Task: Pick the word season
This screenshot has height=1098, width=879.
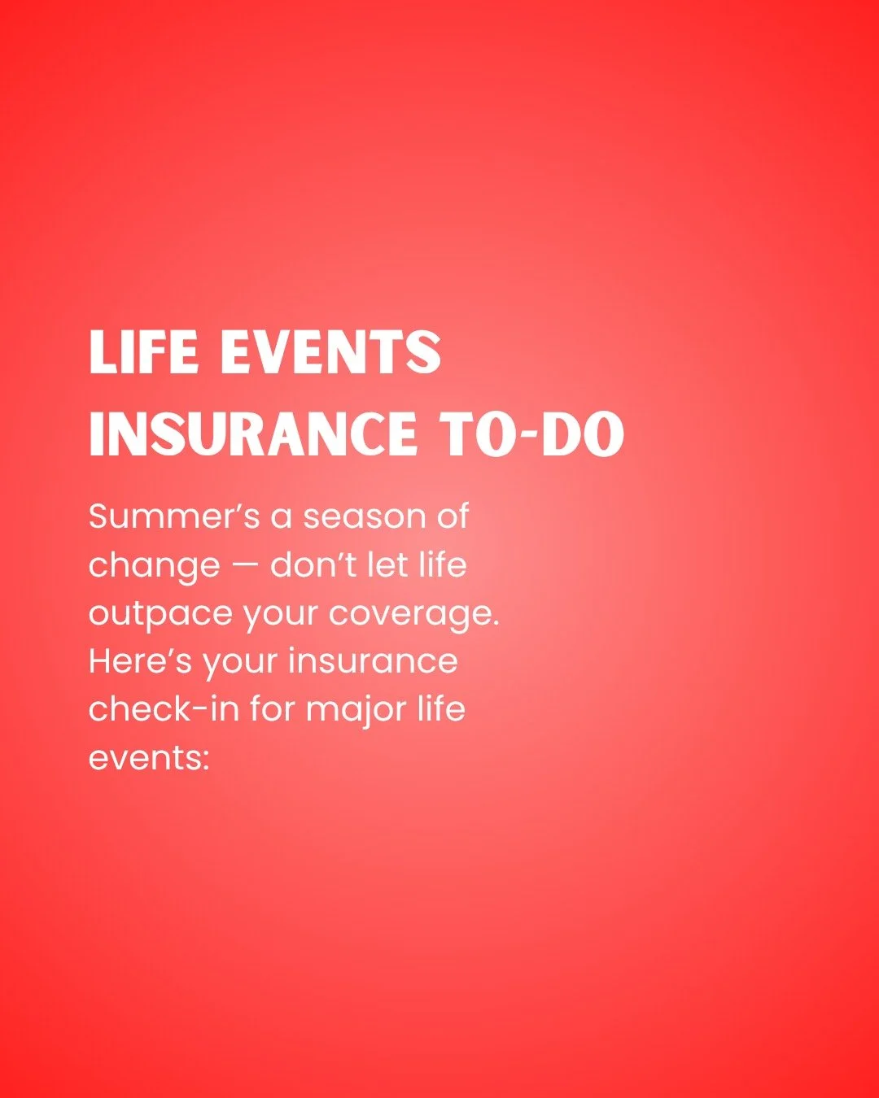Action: (364, 518)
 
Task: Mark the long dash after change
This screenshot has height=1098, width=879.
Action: (245, 566)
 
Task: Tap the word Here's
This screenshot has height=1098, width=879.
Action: (139, 661)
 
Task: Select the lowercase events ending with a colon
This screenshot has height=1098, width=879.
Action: (148, 758)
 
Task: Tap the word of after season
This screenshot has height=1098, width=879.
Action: (452, 517)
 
